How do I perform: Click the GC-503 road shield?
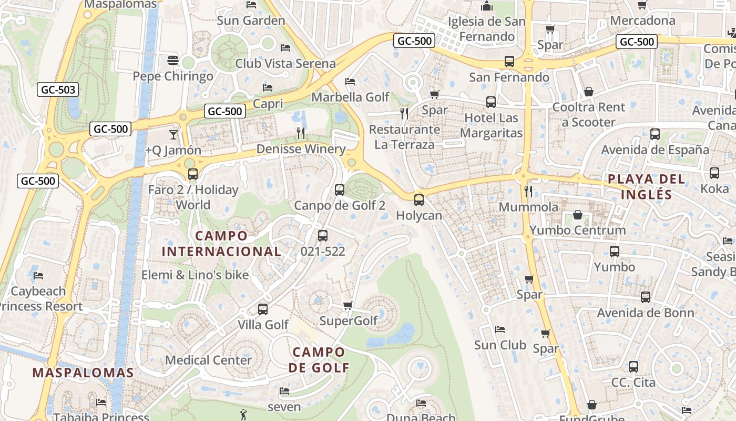pos(58,90)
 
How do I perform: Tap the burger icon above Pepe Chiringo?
pos(173,61)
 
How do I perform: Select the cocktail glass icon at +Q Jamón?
pos(173,135)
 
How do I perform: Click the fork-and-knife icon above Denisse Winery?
pos(301,133)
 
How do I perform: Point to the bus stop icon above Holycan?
pos(418,200)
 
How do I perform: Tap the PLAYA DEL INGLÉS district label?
pos(647,187)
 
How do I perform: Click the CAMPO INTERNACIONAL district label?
pos(221,244)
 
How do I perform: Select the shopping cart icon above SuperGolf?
pos(347,306)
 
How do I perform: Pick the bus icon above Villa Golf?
pos(263,309)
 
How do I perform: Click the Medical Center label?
pos(209,360)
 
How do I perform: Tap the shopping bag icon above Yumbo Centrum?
pos(578,215)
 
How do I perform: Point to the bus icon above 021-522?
pos(323,236)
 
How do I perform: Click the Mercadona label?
pos(642,21)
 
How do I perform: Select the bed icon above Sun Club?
pos(500,329)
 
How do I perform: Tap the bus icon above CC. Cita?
pos(633,367)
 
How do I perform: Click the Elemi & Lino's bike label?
pos(195,275)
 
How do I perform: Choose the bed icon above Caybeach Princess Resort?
pos(38,275)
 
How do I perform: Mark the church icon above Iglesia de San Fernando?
pos(486,6)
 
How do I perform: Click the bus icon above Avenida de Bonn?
pos(646,297)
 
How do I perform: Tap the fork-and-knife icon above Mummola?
pos(529,191)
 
